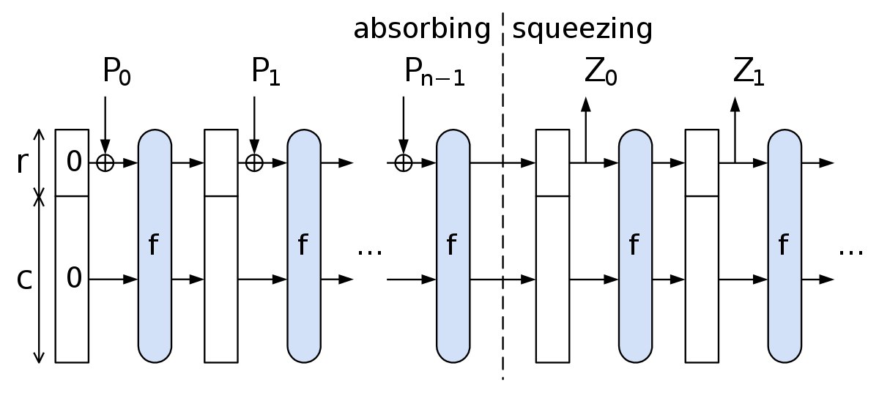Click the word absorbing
(422, 29)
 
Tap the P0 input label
(116, 72)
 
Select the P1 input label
(266, 72)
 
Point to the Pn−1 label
(434, 72)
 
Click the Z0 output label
(601, 72)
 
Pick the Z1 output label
(749, 72)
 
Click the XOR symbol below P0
(105, 162)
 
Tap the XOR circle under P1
(254, 162)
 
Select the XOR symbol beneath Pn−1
(404, 162)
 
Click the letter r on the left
(23, 162)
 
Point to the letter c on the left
(24, 280)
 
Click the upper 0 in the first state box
(74, 161)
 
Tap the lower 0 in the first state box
(74, 277)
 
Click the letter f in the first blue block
(153, 244)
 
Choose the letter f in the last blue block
(783, 244)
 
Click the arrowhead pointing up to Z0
(586, 105)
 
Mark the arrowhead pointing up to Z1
(735, 105)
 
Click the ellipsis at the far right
(850, 252)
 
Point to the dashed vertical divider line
(502, 196)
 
